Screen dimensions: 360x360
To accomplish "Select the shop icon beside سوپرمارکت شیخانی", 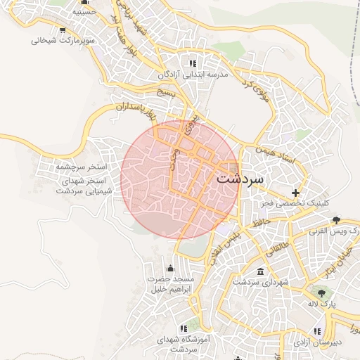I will point(63,30).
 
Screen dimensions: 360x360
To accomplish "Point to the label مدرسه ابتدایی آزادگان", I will point(193,74).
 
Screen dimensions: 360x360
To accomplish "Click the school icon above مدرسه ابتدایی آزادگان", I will point(193,63).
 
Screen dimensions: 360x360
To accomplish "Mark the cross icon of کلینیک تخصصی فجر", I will point(296,192).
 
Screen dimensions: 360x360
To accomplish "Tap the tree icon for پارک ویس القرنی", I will point(337,219).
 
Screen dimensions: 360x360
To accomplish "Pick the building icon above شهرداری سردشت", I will point(261,271).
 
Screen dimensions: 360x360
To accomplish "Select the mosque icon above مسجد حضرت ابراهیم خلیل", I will point(169,268).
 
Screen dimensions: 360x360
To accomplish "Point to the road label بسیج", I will point(165,92).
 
